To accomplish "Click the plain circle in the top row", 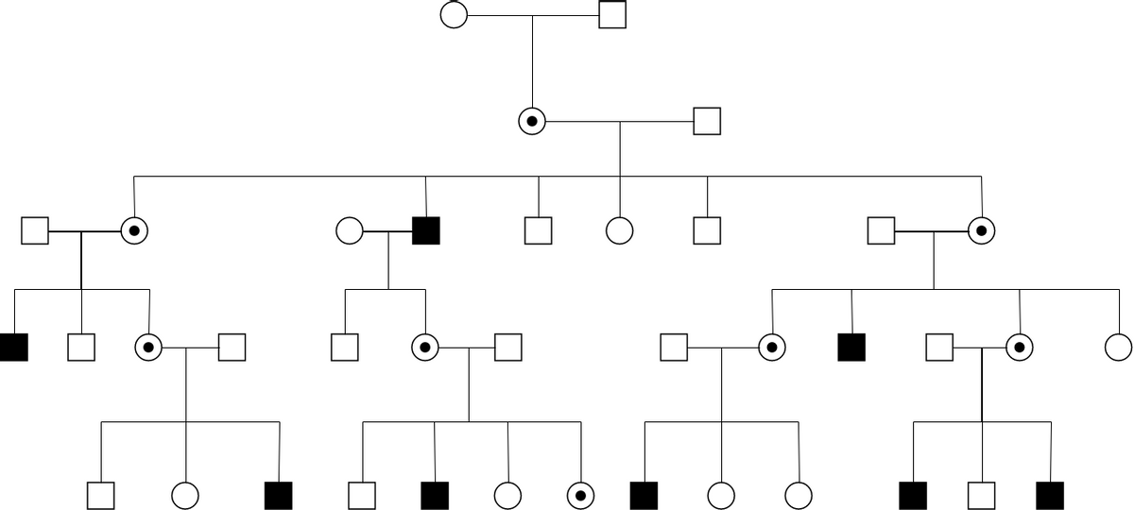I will [x=454, y=15].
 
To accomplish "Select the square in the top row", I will [x=612, y=15].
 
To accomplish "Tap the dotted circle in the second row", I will [x=532, y=121].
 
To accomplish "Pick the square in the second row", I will [x=707, y=121].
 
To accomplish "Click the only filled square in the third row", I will [x=426, y=229].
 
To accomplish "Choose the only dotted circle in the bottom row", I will [x=580, y=495].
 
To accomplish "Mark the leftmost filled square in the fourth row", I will [x=13, y=348].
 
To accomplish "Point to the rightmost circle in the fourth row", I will [x=1118, y=348].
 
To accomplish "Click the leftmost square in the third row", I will [x=35, y=229].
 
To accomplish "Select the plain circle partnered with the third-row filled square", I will [x=349, y=229].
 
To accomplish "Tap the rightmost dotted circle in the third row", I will [x=981, y=229].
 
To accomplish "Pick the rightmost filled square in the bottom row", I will [x=1050, y=495].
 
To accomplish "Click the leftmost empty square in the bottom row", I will [x=100, y=495].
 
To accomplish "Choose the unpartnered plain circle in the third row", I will [x=619, y=229].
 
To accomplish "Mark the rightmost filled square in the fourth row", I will [x=851, y=348].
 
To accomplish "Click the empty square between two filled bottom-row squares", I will [x=982, y=495].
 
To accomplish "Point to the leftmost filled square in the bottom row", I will [x=279, y=495].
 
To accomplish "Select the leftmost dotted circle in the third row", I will [x=135, y=229].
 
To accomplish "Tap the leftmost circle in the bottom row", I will [x=185, y=495].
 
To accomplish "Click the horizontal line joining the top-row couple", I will [x=533, y=15].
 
